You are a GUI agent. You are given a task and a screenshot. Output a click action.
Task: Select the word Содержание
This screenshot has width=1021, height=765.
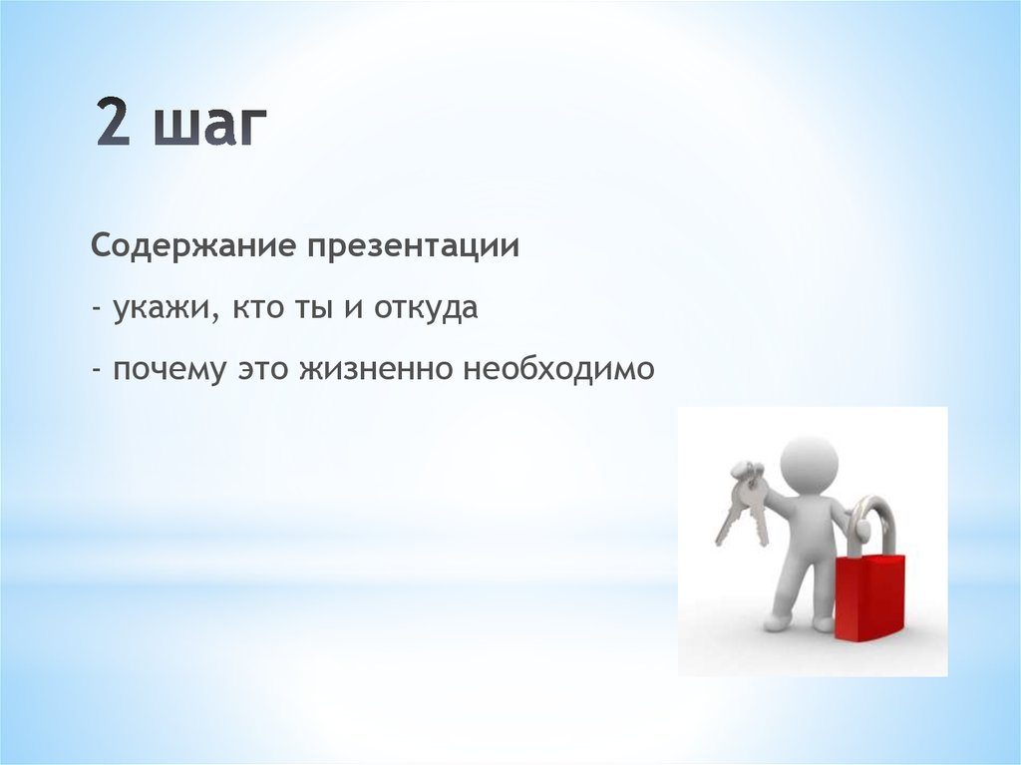pyautogui.click(x=194, y=247)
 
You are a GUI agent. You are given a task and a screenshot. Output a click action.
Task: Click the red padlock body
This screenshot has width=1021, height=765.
pyautogui.click(x=868, y=596)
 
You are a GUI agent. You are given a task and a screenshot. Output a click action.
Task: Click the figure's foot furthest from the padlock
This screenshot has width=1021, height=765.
pyautogui.click(x=777, y=621)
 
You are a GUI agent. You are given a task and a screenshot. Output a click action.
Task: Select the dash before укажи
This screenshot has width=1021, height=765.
pyautogui.click(x=97, y=309)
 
